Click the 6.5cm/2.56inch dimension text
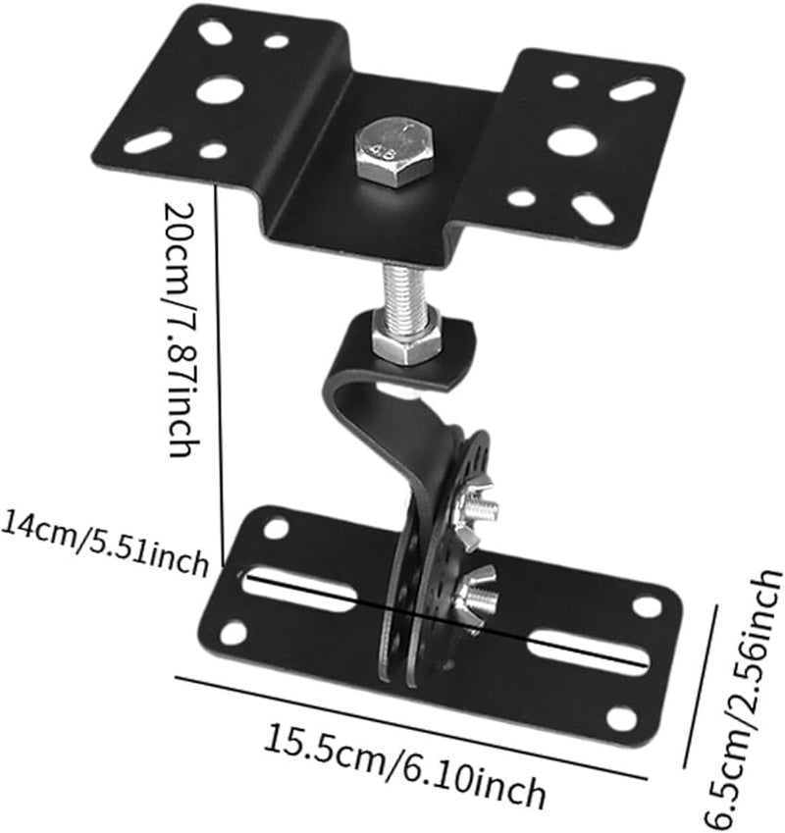pos(750,686)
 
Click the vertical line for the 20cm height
pos(224,363)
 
